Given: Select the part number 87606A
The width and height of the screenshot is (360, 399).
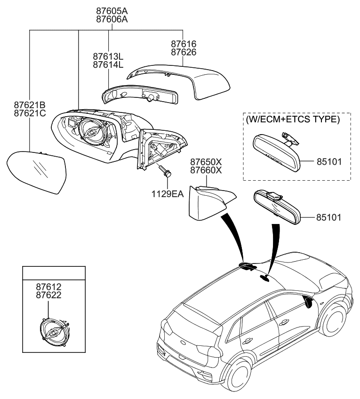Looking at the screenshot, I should click(x=112, y=19).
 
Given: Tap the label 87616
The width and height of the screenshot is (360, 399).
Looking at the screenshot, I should click(x=184, y=44).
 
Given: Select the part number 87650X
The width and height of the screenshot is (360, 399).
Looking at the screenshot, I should click(x=206, y=162).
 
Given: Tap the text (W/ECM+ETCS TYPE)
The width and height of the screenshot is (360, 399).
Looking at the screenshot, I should click(x=292, y=120).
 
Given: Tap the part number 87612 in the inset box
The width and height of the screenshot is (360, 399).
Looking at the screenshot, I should click(x=49, y=287).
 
